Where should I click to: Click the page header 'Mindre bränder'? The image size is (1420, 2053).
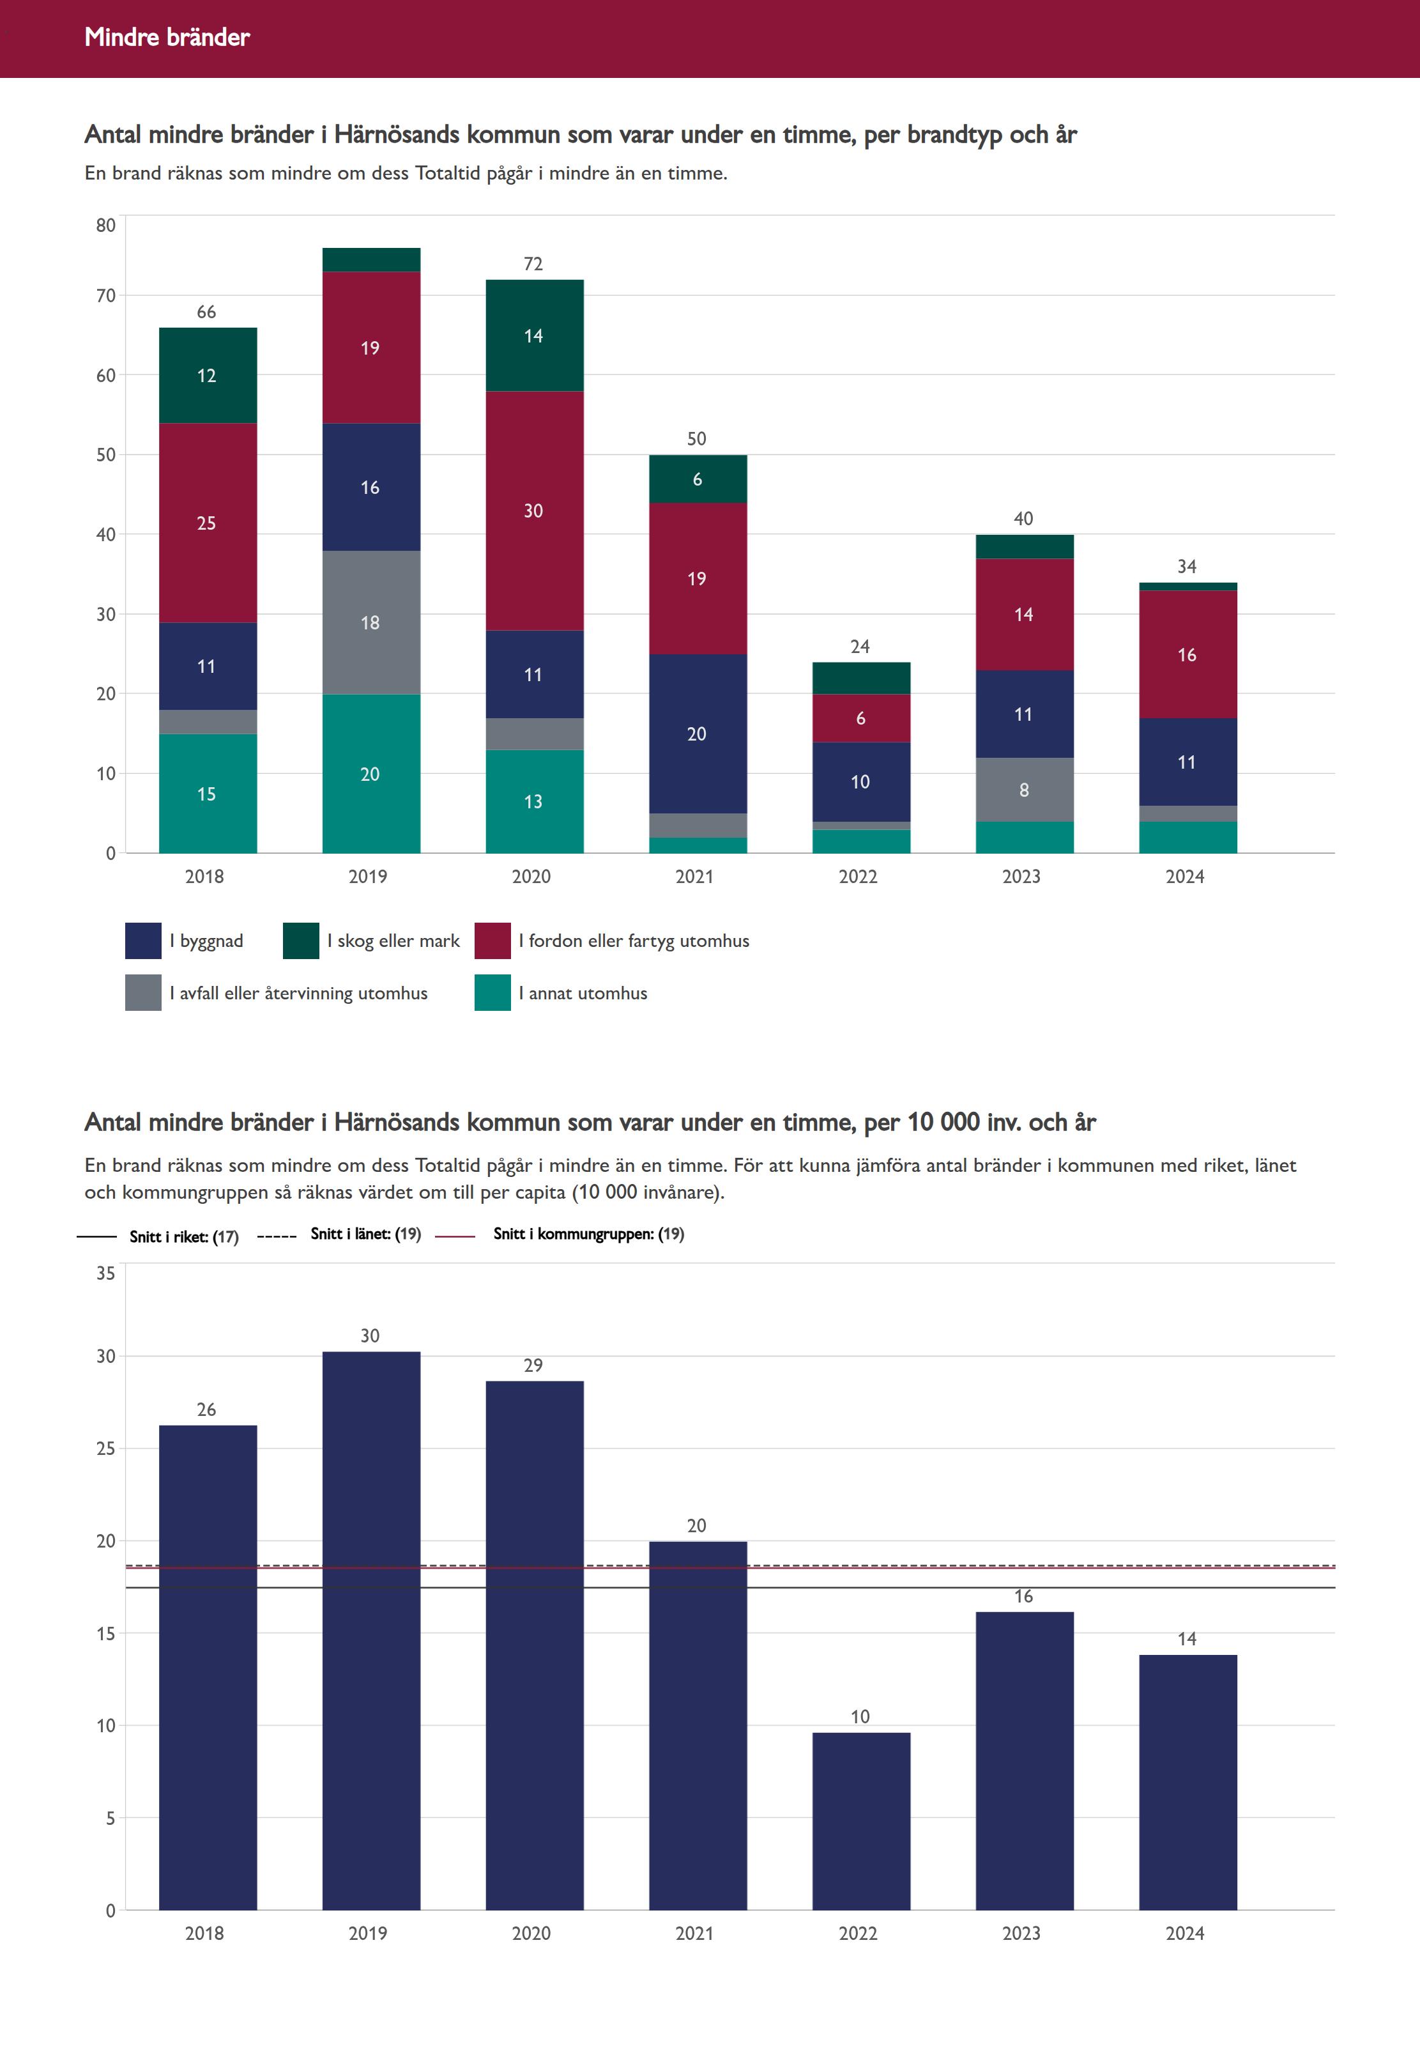(x=167, y=37)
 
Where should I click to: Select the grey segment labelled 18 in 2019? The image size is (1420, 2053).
(x=370, y=622)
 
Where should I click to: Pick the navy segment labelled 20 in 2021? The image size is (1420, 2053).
(x=697, y=734)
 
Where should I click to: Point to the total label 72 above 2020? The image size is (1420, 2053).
(x=533, y=265)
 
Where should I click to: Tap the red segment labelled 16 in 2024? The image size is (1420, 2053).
(x=1187, y=654)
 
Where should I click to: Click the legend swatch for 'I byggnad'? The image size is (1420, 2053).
(x=143, y=941)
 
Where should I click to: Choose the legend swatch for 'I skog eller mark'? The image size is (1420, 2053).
(x=301, y=941)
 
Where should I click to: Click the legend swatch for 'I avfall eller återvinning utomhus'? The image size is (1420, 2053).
(x=143, y=993)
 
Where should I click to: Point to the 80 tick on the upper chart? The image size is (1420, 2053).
(x=106, y=225)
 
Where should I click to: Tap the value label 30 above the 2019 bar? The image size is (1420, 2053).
(x=370, y=1335)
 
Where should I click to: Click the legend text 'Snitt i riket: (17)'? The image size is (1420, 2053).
(x=184, y=1237)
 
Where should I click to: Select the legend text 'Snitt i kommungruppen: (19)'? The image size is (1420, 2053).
(x=588, y=1234)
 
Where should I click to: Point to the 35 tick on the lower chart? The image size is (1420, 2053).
(x=106, y=1273)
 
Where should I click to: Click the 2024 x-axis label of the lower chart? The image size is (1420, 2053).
(x=1185, y=1933)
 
